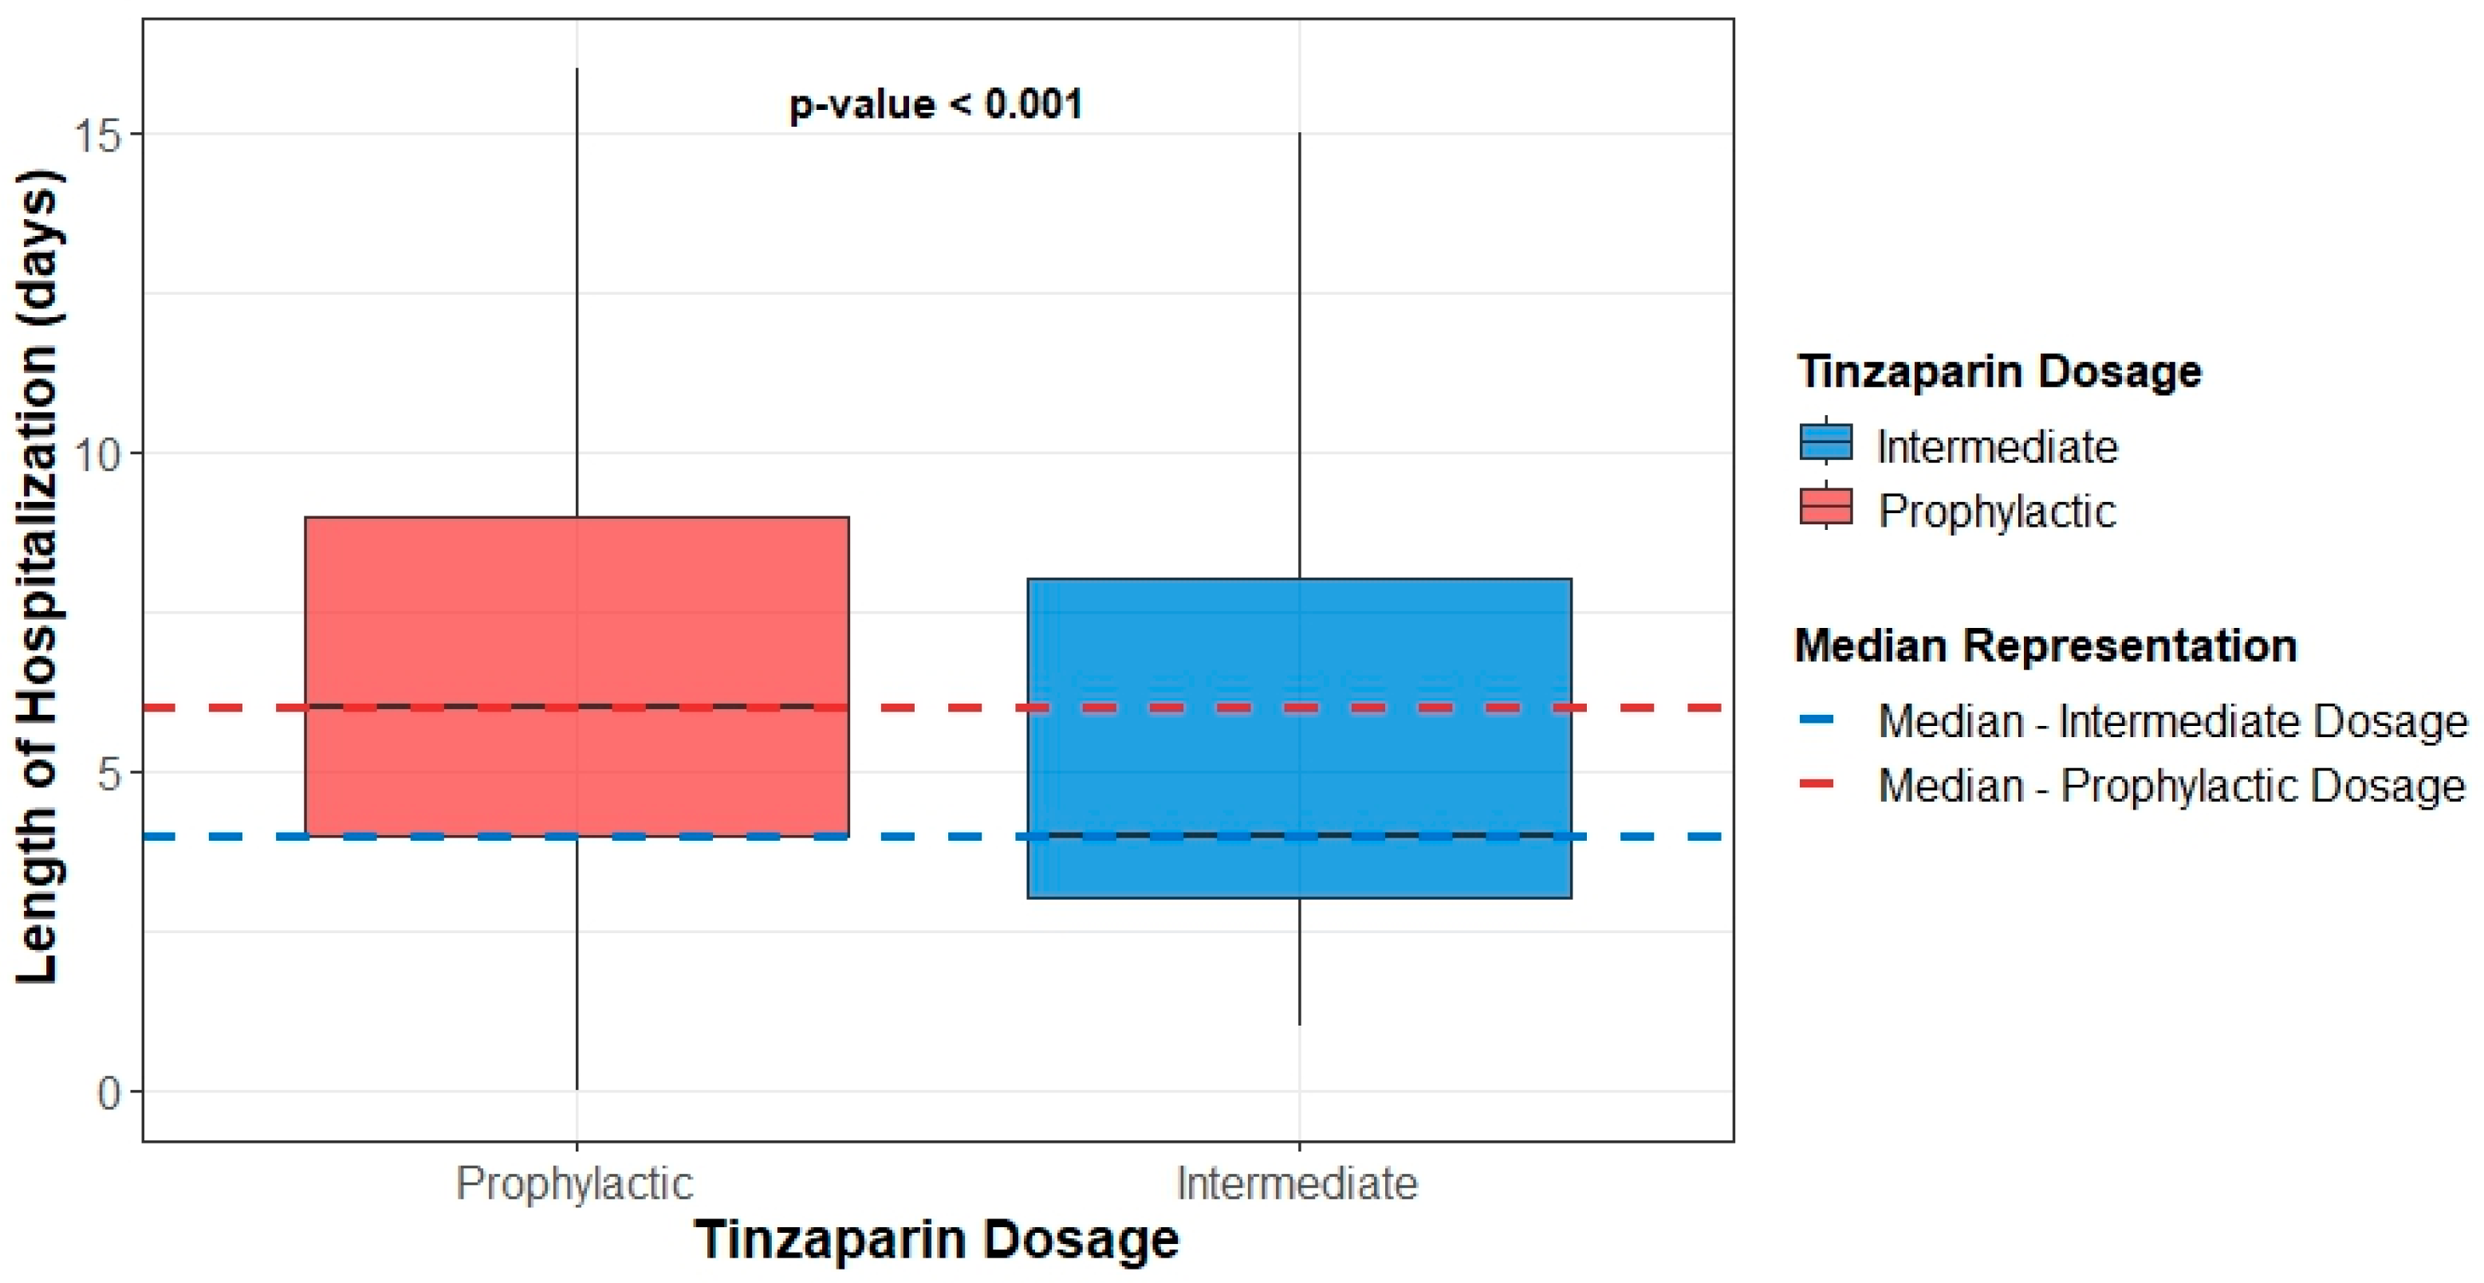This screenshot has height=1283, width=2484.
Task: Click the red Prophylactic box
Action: coord(577,617)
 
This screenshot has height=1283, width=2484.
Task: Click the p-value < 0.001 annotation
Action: coord(935,104)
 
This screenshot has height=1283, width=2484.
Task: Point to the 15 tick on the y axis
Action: coord(100,135)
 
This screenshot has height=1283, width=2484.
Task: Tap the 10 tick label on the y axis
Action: coord(100,454)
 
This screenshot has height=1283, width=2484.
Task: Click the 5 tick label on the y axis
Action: coord(110,773)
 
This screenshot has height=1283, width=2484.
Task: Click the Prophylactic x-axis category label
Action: coord(575,1183)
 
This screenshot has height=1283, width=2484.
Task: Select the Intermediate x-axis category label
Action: coord(1297,1183)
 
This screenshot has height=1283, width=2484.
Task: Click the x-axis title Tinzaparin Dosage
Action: coord(936,1240)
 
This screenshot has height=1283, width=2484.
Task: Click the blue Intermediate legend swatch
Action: coord(1825,443)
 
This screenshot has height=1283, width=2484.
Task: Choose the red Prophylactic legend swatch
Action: coord(1825,507)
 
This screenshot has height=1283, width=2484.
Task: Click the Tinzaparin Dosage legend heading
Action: coord(2000,372)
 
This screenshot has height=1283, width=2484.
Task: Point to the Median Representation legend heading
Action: coord(2045,645)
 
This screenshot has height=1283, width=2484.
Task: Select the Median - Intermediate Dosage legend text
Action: coord(2172,721)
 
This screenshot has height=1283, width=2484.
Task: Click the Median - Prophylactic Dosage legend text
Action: coord(2171,786)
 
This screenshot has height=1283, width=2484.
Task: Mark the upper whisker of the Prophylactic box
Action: coord(577,289)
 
